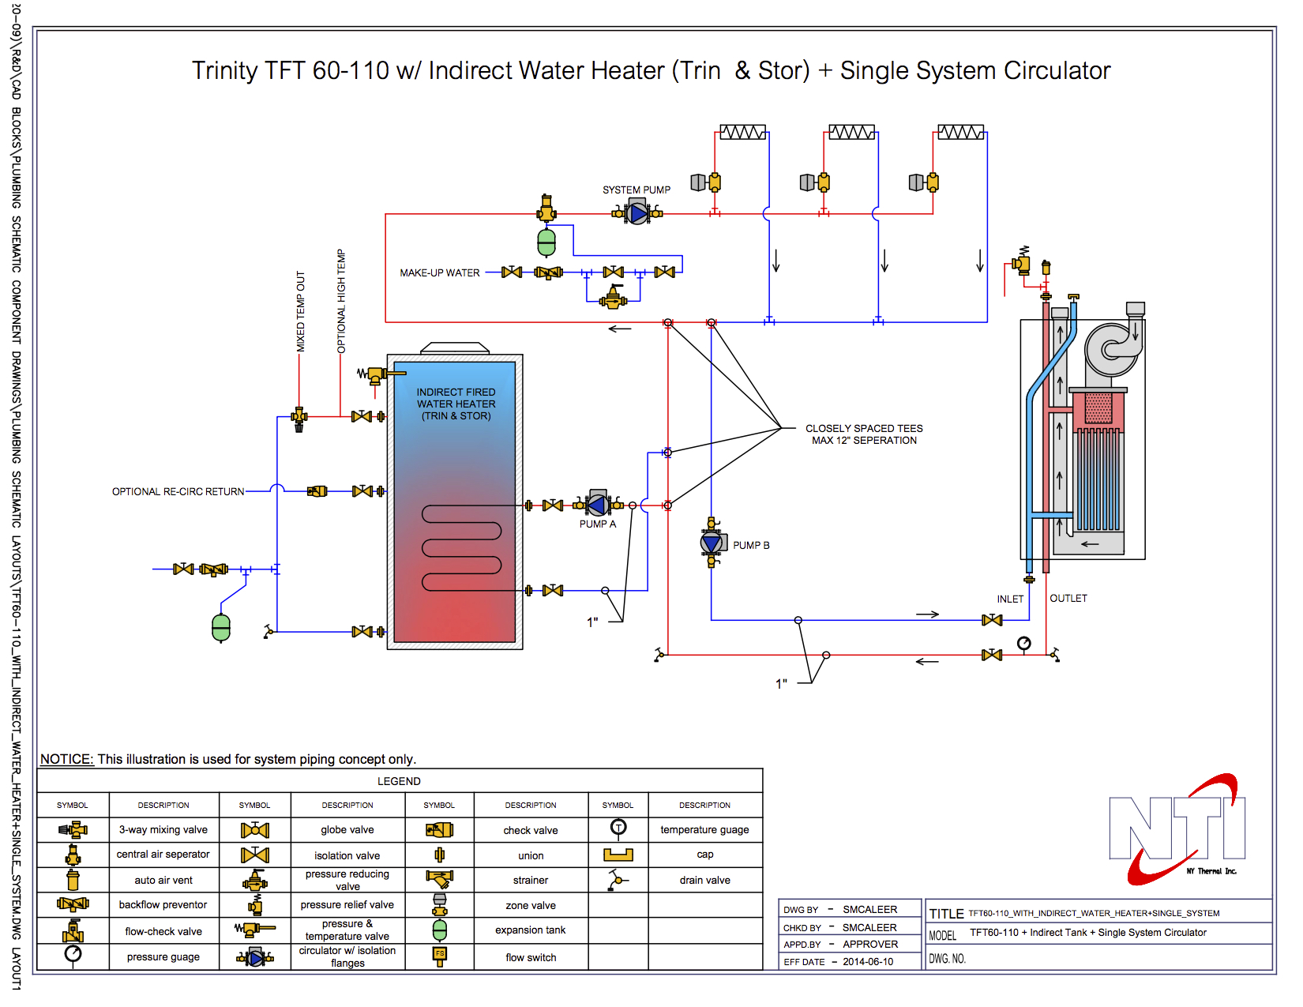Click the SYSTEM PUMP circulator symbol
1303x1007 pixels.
(637, 213)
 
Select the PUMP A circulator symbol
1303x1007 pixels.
(598, 505)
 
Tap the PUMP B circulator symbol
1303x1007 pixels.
(712, 543)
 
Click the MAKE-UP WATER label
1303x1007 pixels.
(440, 273)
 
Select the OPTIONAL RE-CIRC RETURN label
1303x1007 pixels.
(178, 491)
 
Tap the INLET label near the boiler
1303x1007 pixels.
(1010, 599)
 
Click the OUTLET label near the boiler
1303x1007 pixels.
(1068, 599)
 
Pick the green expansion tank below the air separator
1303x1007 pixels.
(546, 242)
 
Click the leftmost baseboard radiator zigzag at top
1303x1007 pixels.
(742, 132)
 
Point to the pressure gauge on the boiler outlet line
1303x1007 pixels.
(1024, 644)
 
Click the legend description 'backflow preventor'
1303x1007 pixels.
(163, 905)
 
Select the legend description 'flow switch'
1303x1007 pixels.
(531, 958)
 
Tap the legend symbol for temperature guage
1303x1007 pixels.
(618, 827)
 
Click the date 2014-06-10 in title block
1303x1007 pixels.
(868, 962)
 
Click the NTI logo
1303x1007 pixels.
(1177, 829)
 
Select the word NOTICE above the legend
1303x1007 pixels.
(67, 759)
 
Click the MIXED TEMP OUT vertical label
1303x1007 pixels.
(300, 312)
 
